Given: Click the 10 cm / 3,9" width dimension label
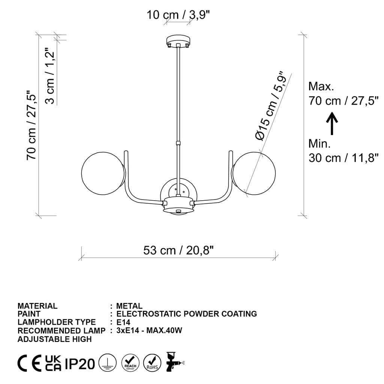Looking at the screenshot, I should pyautogui.click(x=178, y=15).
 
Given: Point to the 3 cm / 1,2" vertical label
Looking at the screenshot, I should pyautogui.click(x=50, y=76).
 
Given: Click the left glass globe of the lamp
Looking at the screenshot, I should pyautogui.click(x=103, y=173).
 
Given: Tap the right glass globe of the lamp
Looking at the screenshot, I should pyautogui.click(x=254, y=173).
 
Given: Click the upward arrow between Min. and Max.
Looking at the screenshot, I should pyautogui.click(x=332, y=123).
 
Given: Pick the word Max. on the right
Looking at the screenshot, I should pyautogui.click(x=321, y=87).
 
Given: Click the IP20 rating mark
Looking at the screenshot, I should pyautogui.click(x=80, y=363).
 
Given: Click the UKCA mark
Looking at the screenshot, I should pyautogui.click(x=53, y=363).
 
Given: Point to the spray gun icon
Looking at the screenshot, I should pyautogui.click(x=174, y=362).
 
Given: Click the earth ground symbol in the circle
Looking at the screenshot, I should pyautogui.click(x=108, y=363).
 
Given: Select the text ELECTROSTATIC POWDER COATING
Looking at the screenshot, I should pyautogui.click(x=186, y=314).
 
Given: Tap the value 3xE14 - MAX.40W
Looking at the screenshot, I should pyautogui.click(x=149, y=330).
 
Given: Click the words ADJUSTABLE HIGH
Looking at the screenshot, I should pyautogui.click(x=55, y=339).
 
